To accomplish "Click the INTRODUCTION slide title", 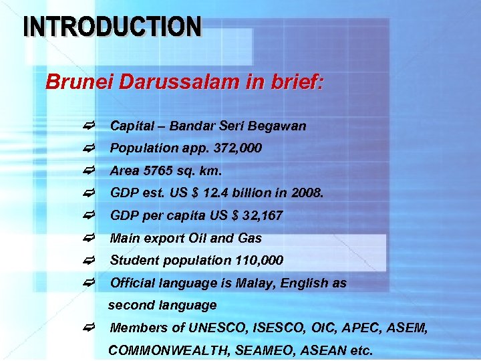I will point(112,27).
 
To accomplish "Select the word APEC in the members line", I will point(361,328).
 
